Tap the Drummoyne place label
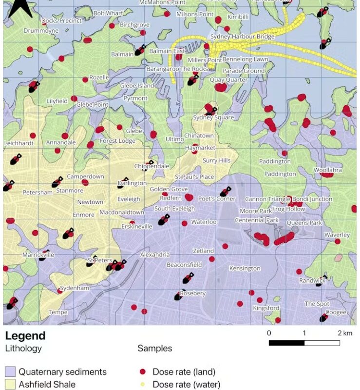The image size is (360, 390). coord(41,31)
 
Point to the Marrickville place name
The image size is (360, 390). coord(38,254)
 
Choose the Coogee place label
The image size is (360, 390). coord(336,312)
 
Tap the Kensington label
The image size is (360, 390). coord(245,269)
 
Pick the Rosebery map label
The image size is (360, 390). coord(192,293)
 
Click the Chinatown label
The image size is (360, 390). coord(199,136)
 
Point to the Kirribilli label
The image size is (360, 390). coord(238,17)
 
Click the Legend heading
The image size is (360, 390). coord(25,336)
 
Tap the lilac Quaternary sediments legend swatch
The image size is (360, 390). coord(10,372)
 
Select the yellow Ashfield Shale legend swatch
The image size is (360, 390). coord(10,385)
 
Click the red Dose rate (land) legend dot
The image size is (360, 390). coord(142,372)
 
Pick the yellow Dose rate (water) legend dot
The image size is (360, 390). coord(142,385)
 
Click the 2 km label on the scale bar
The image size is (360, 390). coord(345,333)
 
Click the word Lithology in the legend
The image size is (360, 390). coord(23,349)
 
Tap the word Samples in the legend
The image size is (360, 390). coord(154,349)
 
